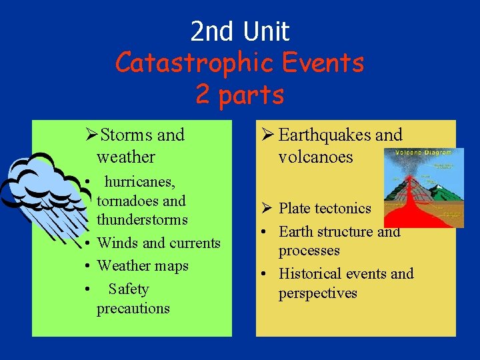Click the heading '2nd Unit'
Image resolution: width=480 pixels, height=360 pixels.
point(240,31)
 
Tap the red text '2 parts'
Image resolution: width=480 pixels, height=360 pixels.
point(240,95)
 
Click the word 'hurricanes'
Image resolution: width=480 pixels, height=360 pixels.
point(140,181)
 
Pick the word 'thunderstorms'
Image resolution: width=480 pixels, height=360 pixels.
point(142,219)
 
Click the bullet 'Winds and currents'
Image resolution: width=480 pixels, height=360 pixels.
point(159,243)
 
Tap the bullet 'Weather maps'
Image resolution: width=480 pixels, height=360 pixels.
point(143,265)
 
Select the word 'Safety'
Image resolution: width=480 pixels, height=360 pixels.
point(129,289)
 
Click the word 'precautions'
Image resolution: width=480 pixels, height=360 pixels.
point(133,308)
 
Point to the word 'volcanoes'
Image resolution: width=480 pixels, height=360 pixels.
point(316,157)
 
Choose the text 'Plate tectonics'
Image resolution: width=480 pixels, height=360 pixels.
point(325,208)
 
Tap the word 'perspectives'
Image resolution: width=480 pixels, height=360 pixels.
point(318,293)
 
